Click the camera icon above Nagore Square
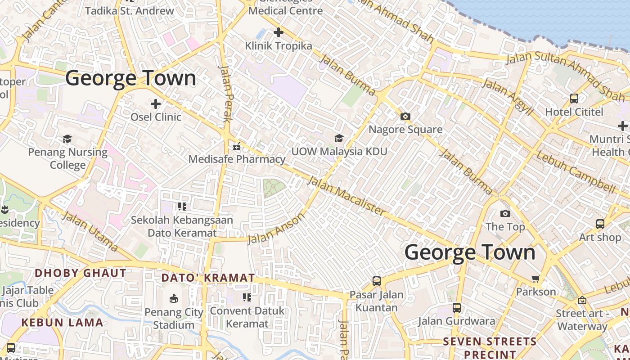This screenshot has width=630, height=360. (x=405, y=117)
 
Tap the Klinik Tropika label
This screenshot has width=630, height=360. (x=279, y=46)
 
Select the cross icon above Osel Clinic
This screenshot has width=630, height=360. (x=156, y=104)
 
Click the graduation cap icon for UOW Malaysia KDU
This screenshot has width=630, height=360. (x=339, y=138)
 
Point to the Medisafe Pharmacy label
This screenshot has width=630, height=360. (x=237, y=159)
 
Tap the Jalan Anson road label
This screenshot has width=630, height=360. (x=276, y=228)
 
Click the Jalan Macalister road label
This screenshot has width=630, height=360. (x=346, y=195)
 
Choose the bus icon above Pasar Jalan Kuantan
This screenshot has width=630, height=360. (x=377, y=281)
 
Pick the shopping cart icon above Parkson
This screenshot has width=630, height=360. (x=535, y=279)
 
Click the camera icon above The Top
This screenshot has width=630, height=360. (x=505, y=213)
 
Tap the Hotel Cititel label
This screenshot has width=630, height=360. (x=574, y=112)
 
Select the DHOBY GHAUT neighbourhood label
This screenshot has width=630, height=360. (x=81, y=273)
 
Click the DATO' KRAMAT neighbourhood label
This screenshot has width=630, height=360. (x=208, y=278)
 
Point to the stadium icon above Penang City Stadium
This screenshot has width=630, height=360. (x=174, y=298)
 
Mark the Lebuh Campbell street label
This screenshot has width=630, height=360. (x=576, y=172)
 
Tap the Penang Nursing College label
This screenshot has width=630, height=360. (x=68, y=158)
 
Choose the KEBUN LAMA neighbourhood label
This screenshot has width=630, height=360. (x=62, y=322)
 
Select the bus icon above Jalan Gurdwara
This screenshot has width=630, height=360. (x=457, y=308)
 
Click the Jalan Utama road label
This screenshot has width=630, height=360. (x=90, y=231)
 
